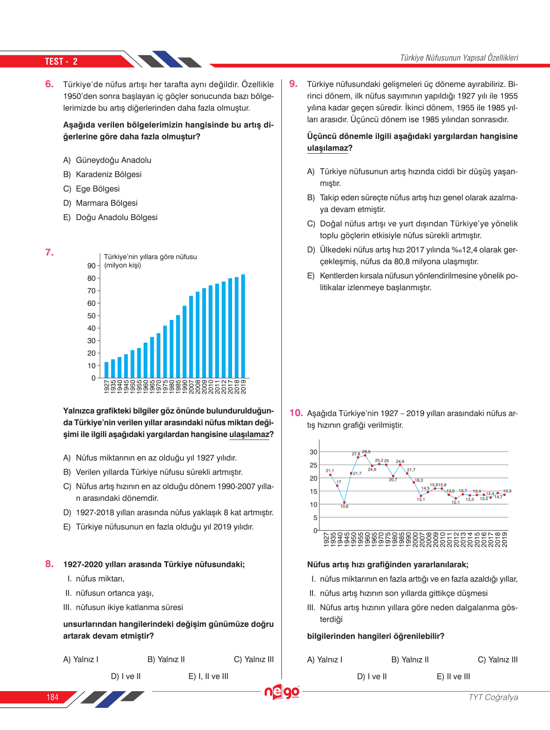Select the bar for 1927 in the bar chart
click(x=107, y=370)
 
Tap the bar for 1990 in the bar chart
click(x=185, y=342)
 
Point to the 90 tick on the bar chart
click(x=92, y=266)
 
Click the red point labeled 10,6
click(x=345, y=502)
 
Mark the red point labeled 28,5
click(x=365, y=455)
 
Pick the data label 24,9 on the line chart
click(x=400, y=462)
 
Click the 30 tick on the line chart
click(x=313, y=452)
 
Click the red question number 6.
click(x=49, y=84)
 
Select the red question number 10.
click(x=296, y=413)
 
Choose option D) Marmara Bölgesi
click(x=100, y=203)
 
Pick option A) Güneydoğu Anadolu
click(x=107, y=160)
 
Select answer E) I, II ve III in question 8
click(x=208, y=676)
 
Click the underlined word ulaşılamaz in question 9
click(x=327, y=148)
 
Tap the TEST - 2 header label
click(x=61, y=61)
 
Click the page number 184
click(x=52, y=697)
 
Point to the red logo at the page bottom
click(x=282, y=692)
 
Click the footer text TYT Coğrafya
click(x=493, y=697)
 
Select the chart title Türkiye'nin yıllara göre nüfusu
click(x=150, y=257)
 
